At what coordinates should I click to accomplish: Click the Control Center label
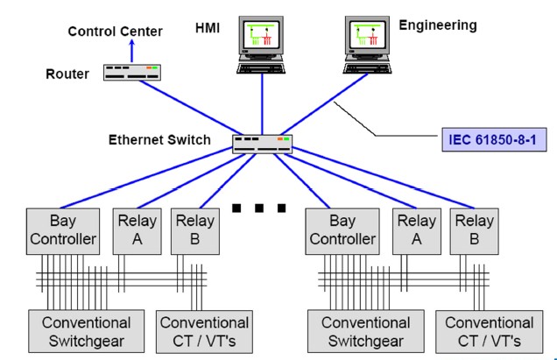[x=116, y=32]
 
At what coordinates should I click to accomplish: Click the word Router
[x=67, y=74]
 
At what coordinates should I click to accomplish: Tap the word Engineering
[x=438, y=25]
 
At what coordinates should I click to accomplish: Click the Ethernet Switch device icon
[x=262, y=143]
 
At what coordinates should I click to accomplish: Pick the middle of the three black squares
[x=260, y=208]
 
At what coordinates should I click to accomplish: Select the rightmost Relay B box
[x=473, y=229]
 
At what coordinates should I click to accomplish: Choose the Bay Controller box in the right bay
[x=342, y=229]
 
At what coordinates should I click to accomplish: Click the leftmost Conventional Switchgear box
[x=86, y=332]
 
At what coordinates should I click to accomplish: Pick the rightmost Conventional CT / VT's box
[x=489, y=332]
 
